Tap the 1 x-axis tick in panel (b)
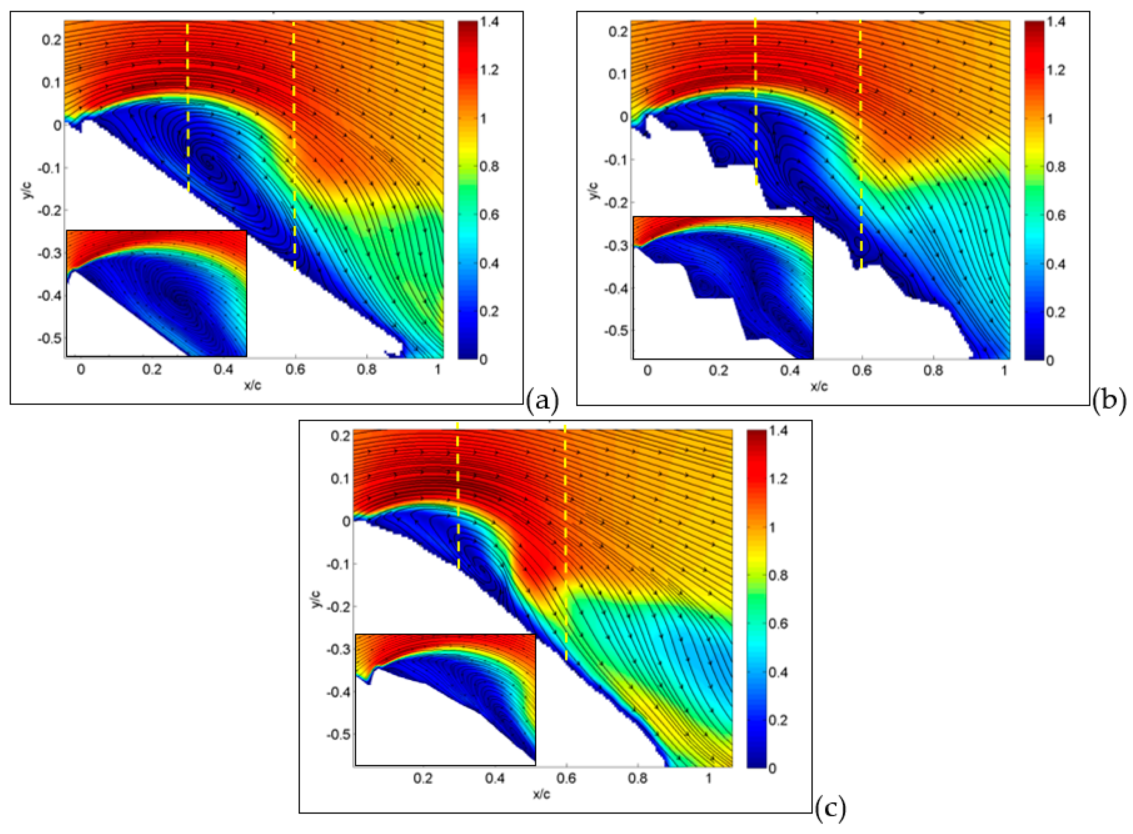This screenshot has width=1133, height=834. pos(1005,371)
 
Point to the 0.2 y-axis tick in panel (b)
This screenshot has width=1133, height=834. pos(617,32)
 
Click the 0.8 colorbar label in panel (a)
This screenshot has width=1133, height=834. pos(489,166)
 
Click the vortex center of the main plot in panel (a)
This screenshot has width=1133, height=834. pos(208,160)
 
